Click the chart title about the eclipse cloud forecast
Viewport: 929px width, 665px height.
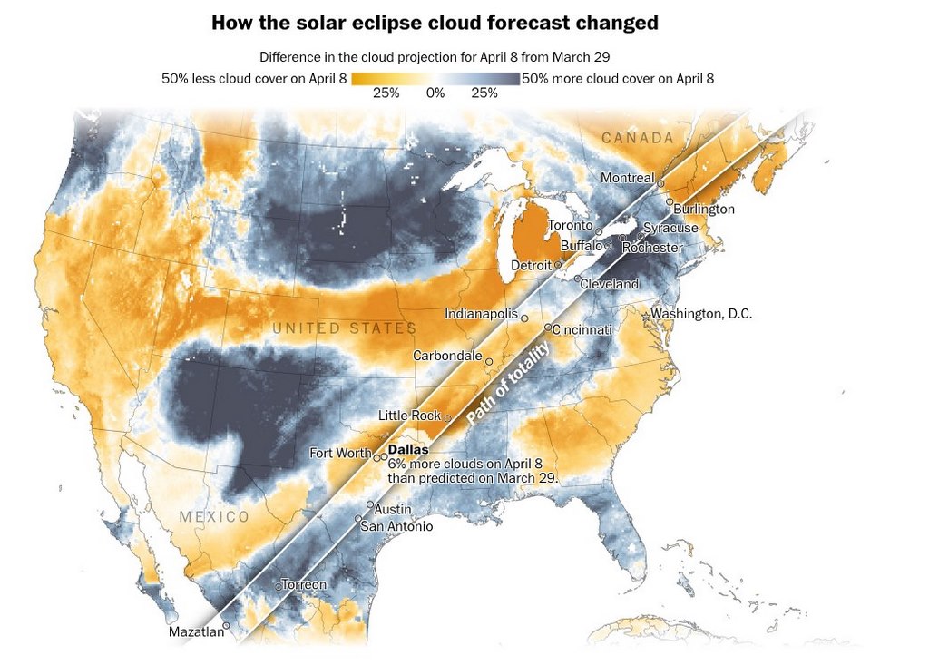click(x=435, y=22)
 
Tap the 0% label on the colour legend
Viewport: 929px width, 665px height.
click(x=435, y=93)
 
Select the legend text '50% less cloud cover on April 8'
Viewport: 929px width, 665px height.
click(x=254, y=79)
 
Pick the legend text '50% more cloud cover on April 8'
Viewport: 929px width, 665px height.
click(x=618, y=79)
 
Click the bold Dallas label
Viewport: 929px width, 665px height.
click(x=407, y=449)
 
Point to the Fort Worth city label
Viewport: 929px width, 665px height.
click(x=340, y=453)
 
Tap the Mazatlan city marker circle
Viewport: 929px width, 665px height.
click(x=227, y=625)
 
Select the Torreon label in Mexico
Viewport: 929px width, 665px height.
click(x=303, y=584)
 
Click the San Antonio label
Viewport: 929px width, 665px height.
click(x=396, y=526)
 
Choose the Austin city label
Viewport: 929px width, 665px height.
click(x=393, y=509)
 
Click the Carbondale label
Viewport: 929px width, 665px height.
click(x=447, y=356)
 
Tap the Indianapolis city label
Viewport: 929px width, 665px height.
click(x=481, y=314)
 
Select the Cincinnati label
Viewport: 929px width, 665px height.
click(x=582, y=328)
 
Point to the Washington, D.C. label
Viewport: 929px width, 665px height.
click(x=701, y=314)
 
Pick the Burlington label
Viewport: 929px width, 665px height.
click(x=704, y=209)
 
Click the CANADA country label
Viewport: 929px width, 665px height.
click(x=638, y=138)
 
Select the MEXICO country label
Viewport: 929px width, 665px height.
click(x=213, y=516)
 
